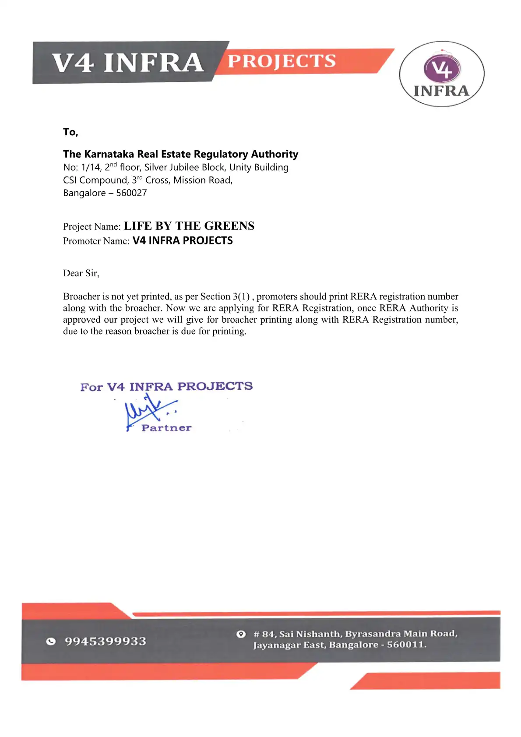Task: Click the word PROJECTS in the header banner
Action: (282, 61)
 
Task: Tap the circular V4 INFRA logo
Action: (441, 74)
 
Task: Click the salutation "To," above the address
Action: (70, 132)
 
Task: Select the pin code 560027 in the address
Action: (131, 193)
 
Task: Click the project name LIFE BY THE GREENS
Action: (189, 226)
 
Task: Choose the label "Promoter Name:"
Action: (96, 241)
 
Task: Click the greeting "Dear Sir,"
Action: (81, 273)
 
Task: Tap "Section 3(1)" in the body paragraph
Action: (225, 296)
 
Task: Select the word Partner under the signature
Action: (166, 428)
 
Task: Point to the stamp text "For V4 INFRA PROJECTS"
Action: (166, 387)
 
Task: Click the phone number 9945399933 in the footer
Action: (106, 641)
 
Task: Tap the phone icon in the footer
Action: (51, 642)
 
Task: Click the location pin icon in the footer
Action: (241, 634)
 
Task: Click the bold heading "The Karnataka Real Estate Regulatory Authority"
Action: (180, 154)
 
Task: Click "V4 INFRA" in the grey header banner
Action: (127, 62)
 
